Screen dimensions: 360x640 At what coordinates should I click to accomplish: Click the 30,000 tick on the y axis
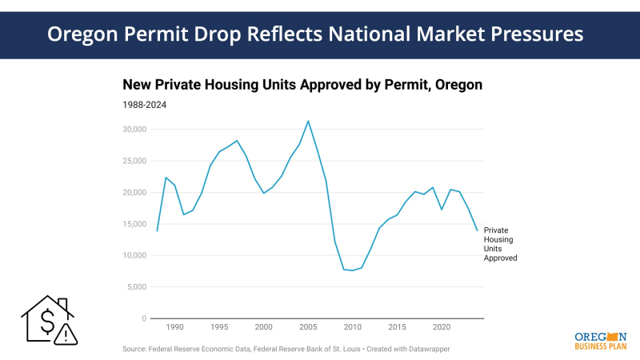[133, 130]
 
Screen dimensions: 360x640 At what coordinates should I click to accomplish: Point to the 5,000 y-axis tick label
[135, 287]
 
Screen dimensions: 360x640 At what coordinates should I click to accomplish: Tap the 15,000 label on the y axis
[133, 224]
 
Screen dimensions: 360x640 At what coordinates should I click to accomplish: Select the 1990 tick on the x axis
[175, 328]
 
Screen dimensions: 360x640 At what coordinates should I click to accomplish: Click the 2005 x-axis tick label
[308, 328]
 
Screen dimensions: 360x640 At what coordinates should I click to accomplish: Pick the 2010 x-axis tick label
[352, 328]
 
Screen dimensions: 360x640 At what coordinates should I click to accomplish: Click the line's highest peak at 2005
[308, 121]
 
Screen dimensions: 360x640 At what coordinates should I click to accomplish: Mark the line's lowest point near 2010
[353, 270]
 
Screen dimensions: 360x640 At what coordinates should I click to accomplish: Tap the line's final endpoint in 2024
[477, 230]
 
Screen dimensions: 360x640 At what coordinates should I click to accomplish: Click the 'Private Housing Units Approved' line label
[501, 244]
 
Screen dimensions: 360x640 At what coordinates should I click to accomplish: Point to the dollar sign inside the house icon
[47, 322]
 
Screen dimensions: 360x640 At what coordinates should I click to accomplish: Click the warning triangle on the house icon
[66, 334]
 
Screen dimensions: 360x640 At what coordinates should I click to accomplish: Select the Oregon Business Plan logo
[600, 341]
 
